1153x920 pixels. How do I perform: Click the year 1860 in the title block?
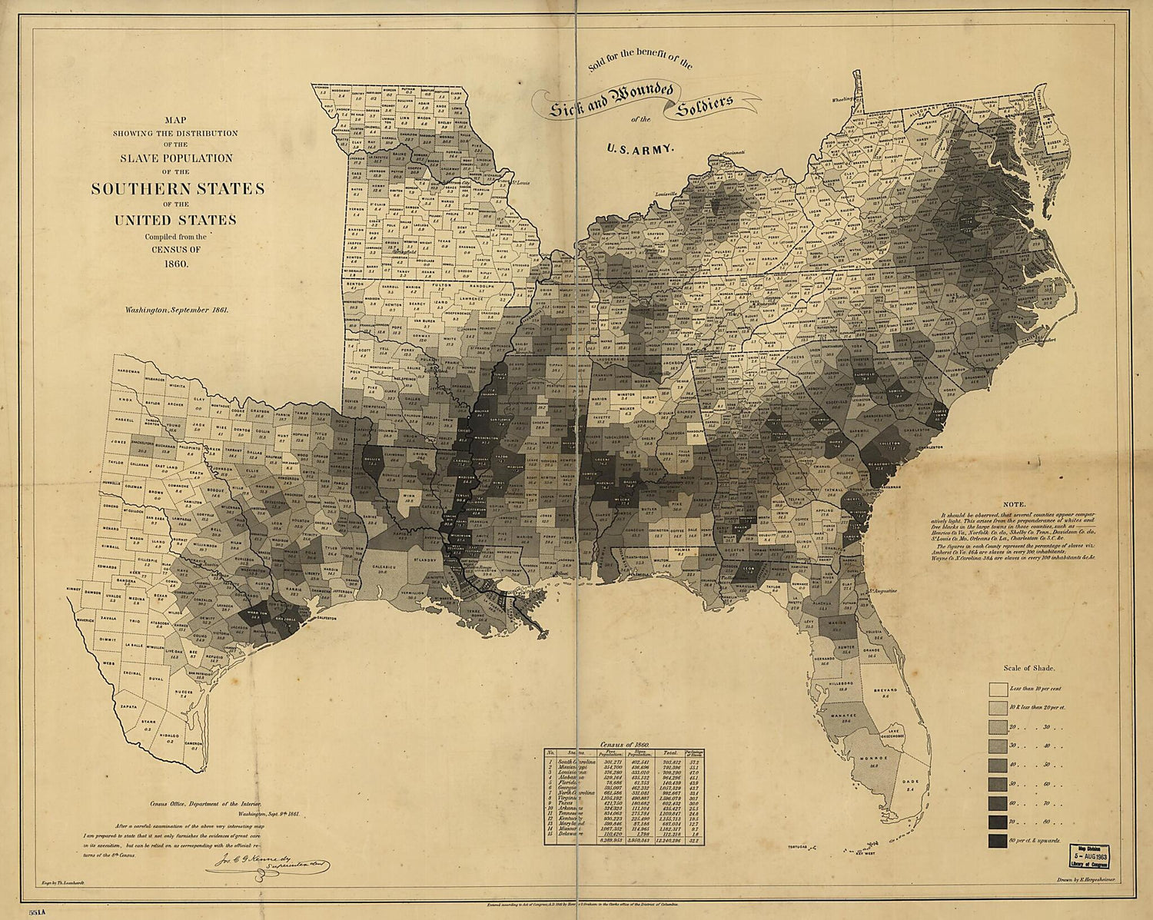176,263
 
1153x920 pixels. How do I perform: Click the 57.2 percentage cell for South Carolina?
696,762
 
